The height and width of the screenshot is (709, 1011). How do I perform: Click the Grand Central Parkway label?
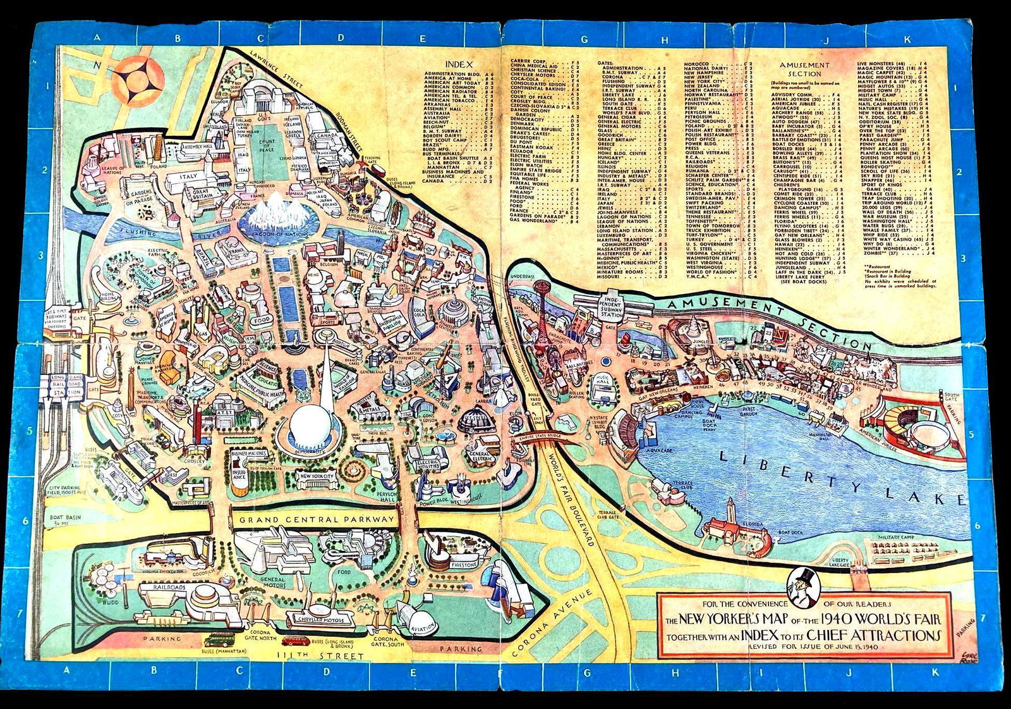(x=316, y=519)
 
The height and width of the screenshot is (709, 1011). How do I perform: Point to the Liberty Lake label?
(x=840, y=474)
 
